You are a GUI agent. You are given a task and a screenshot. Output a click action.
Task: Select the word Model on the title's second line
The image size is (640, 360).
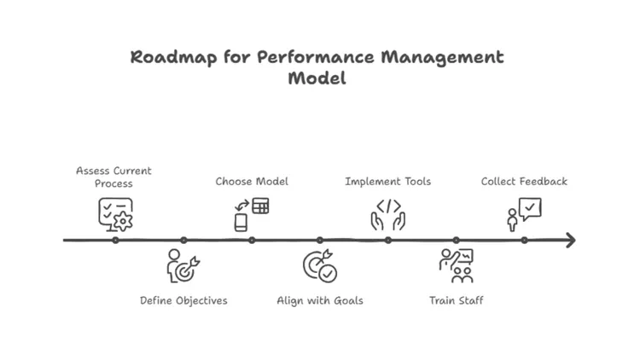click(x=317, y=79)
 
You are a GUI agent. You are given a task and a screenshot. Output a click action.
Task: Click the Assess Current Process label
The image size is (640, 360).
click(x=113, y=177)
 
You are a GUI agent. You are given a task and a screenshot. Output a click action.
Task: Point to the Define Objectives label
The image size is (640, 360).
click(x=183, y=300)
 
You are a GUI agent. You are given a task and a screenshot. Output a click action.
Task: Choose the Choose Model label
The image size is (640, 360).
click(x=252, y=181)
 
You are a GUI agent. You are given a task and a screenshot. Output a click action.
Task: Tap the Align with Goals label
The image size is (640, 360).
click(x=320, y=300)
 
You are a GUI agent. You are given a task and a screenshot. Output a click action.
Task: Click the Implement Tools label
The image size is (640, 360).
click(x=387, y=181)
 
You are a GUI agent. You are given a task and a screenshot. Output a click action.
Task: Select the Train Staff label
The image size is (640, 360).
click(x=456, y=300)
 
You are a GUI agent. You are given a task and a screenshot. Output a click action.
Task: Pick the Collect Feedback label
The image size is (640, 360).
click(x=524, y=181)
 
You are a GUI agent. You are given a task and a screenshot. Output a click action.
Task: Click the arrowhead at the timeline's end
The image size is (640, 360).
click(x=569, y=241)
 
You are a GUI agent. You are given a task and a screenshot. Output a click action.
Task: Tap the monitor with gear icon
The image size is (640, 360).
click(x=116, y=214)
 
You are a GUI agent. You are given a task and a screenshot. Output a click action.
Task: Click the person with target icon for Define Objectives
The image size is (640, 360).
click(x=183, y=265)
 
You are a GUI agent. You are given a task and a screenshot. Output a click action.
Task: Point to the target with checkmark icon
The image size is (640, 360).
click(x=320, y=267)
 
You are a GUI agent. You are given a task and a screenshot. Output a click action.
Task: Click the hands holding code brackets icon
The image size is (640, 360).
click(x=387, y=214)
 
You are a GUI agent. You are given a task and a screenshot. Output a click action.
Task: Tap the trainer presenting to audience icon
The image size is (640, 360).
click(x=457, y=266)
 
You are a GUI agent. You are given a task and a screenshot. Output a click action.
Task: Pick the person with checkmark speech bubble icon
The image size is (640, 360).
click(x=524, y=214)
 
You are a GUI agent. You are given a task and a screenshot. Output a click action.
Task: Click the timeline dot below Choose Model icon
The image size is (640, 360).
click(x=252, y=241)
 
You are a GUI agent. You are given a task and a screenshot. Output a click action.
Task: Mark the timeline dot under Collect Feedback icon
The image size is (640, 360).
click(x=524, y=241)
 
